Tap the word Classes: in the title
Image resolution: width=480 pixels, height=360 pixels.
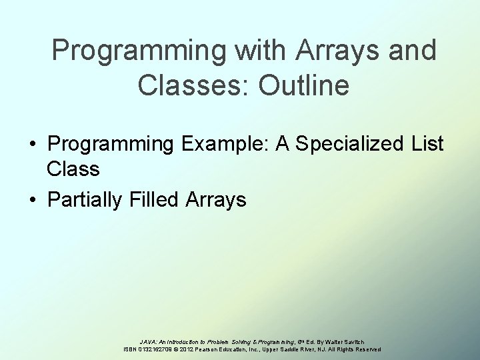pyautogui.click(x=189, y=85)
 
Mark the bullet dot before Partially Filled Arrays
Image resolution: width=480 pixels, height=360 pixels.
pyautogui.click(x=32, y=200)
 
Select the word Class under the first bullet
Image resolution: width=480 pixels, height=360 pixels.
pyautogui.click(x=73, y=169)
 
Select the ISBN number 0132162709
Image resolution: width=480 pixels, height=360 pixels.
pyautogui.click(x=155, y=349)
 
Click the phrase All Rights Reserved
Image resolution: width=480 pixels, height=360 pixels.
pyautogui.click(x=357, y=349)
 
